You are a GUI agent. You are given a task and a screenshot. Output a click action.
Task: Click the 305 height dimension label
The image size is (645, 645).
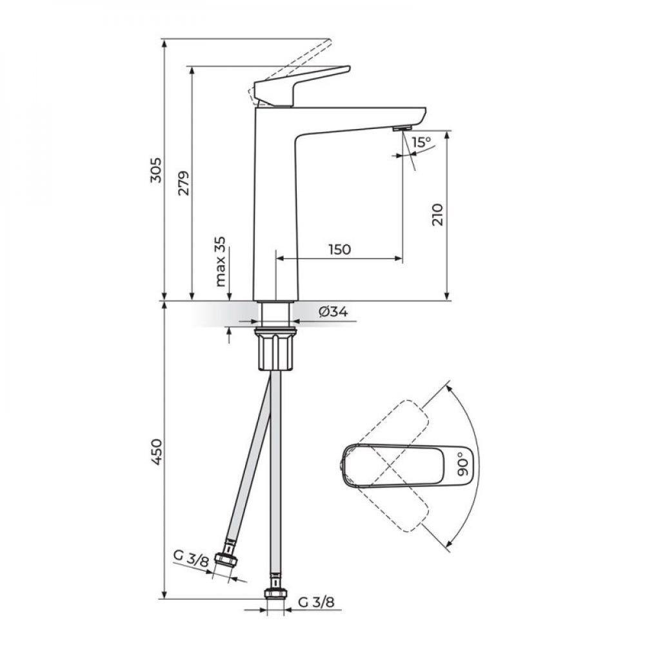pos(156,170)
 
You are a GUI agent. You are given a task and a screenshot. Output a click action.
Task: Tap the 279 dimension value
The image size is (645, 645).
pos(183,183)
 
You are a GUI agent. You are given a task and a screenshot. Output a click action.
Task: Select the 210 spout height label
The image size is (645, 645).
pos(438,214)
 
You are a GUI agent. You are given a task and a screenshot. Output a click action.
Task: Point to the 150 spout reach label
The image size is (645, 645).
pos(339,249)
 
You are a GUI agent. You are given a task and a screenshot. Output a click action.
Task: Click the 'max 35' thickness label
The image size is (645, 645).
pos(221,262)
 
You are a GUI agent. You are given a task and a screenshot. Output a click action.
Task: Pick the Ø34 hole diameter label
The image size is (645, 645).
pos(333,312)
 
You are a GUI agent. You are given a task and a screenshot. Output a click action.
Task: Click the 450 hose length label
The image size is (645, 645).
pos(157,452)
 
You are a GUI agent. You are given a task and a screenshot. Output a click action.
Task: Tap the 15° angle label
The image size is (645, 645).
pos(422,143)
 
